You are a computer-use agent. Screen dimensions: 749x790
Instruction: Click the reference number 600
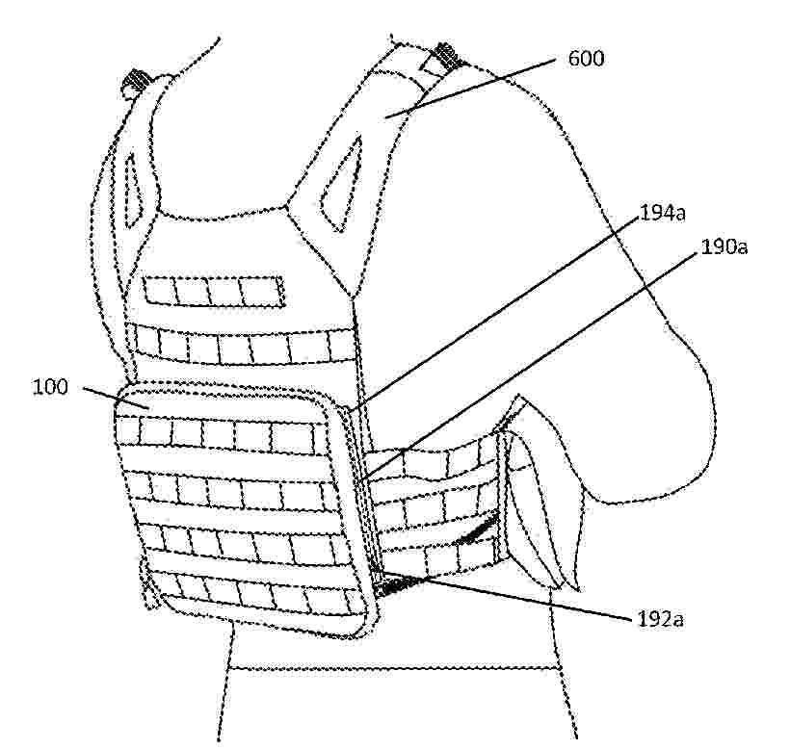point(586,60)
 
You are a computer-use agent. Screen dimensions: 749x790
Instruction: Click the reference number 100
point(50,387)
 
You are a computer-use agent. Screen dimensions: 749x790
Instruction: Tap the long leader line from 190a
point(540,365)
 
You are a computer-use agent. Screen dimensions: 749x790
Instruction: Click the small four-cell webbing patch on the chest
point(213,289)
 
